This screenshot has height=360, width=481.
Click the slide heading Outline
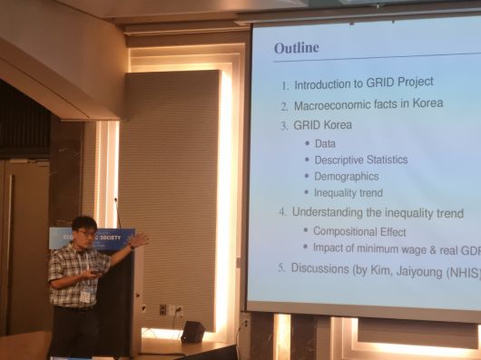296,47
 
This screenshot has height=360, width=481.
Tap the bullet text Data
325,143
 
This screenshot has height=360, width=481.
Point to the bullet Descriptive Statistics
360,160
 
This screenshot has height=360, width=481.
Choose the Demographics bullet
346,176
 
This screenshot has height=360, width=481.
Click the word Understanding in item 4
331,213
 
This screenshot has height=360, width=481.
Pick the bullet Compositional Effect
357,230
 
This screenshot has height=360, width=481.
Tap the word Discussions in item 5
322,268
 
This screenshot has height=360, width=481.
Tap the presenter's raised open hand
138,240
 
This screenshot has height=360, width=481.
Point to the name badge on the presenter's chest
85,295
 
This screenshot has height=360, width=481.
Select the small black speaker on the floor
192,331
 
